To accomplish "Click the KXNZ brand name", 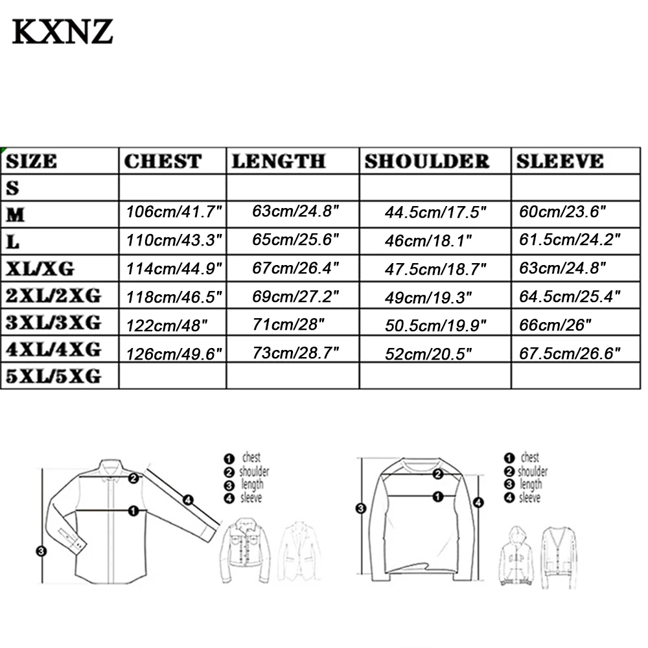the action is [63, 31].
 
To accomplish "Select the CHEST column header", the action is [163, 161].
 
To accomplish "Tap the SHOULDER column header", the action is [426, 161].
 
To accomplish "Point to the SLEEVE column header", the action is [560, 161].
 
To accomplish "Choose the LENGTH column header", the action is [279, 161].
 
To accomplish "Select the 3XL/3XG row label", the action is [54, 322].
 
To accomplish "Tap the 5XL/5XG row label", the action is [54, 375].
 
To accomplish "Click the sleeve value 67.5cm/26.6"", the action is [570, 353].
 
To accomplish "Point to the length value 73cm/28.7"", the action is [296, 353].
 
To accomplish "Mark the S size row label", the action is [14, 188].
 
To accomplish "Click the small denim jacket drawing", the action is [247, 550].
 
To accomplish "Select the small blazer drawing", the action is [299, 551].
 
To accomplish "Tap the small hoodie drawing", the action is [516, 556].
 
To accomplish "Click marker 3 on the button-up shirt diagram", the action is [41, 551].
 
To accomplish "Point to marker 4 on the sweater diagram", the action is [478, 502].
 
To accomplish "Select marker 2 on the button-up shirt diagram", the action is [133, 479].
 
